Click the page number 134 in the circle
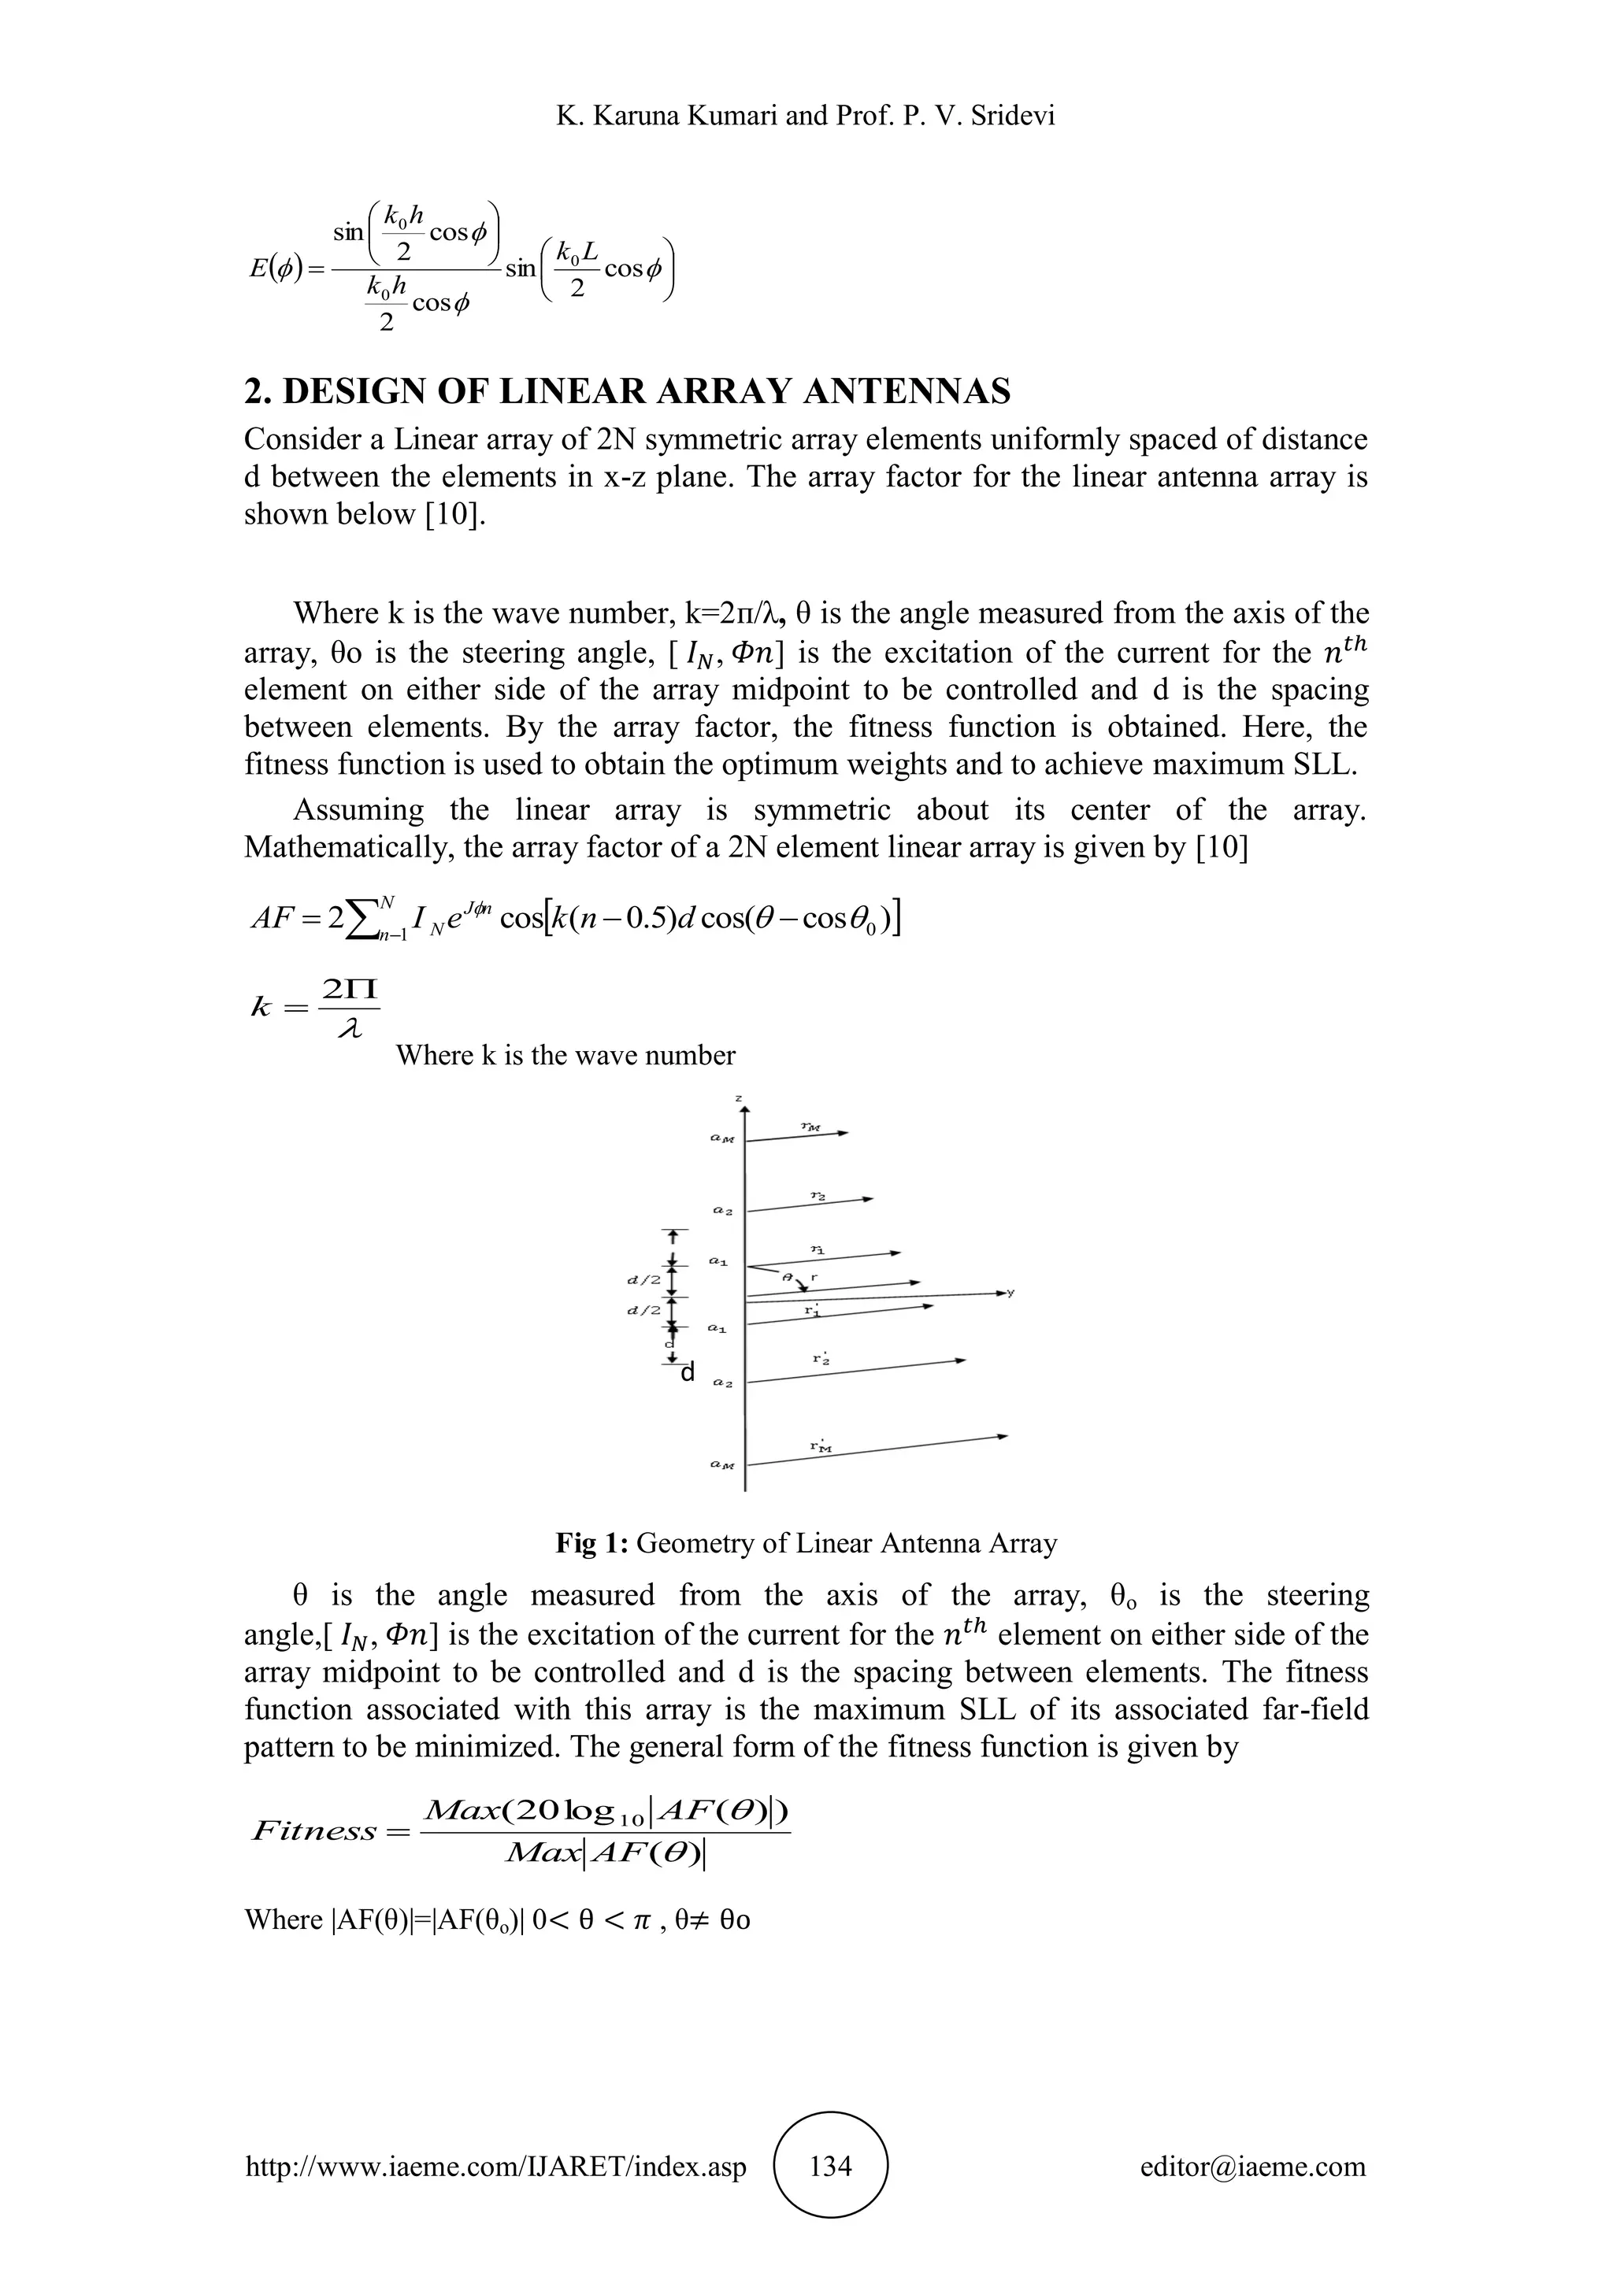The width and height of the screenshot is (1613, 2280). [x=830, y=2165]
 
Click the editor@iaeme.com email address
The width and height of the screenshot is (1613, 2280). [x=1252, y=2166]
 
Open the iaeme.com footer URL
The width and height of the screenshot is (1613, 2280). [x=495, y=2166]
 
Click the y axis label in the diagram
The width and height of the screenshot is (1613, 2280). [x=1011, y=1292]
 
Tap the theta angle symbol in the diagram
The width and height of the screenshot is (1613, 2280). [x=787, y=1277]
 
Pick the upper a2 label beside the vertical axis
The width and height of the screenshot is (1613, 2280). [x=722, y=1212]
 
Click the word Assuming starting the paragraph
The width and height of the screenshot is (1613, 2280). [x=358, y=810]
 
